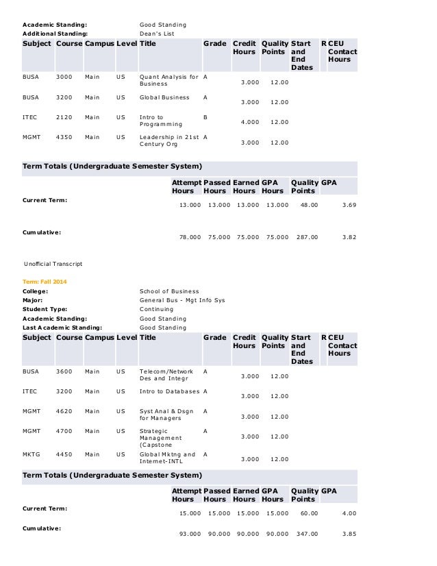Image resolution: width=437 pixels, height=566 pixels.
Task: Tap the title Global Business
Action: [x=164, y=98]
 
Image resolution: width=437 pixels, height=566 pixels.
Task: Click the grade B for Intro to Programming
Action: [x=205, y=117]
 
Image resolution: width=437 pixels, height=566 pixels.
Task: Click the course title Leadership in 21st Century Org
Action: [x=168, y=141]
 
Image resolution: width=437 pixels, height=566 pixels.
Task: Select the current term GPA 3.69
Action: [x=347, y=205]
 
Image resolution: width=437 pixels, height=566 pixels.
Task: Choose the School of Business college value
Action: [x=169, y=291]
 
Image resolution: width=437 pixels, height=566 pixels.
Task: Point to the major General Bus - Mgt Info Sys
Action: [x=182, y=300]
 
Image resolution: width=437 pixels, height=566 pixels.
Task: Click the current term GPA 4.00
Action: [x=347, y=513]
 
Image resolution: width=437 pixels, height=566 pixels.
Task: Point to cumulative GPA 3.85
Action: [x=347, y=534]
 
